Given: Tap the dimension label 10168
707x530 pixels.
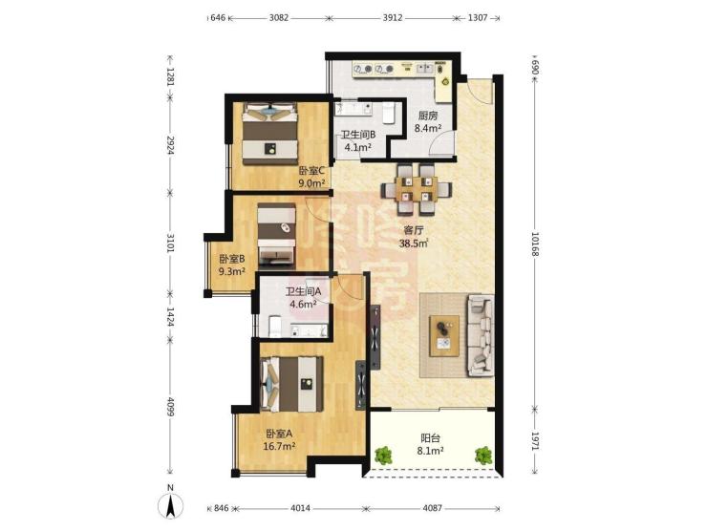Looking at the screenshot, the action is (535, 244).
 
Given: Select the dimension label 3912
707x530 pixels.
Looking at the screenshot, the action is (393, 18).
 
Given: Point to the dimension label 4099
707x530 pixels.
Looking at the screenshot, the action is (170, 406).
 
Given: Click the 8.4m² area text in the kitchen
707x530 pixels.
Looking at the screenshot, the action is (428, 128).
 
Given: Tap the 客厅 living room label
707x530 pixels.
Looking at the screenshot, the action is (414, 231).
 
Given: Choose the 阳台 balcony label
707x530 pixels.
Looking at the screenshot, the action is (430, 437).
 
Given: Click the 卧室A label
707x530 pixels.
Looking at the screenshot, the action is (279, 434).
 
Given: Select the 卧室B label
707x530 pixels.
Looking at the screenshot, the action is (232, 259).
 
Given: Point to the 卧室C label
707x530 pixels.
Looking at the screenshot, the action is (312, 171).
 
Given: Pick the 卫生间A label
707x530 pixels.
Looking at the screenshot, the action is (303, 291).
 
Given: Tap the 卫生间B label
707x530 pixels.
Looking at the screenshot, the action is (358, 135).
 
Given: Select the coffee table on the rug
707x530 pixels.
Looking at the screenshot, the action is (444, 336).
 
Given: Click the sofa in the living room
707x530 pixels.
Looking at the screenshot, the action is (482, 335).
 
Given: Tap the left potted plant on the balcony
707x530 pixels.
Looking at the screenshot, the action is (383, 456).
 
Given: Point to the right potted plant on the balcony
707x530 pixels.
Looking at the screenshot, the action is (482, 456).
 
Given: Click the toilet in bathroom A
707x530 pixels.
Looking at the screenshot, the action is (275, 326).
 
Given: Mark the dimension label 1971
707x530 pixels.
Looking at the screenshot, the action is (535, 441).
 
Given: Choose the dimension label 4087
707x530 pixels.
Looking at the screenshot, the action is (432, 508).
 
